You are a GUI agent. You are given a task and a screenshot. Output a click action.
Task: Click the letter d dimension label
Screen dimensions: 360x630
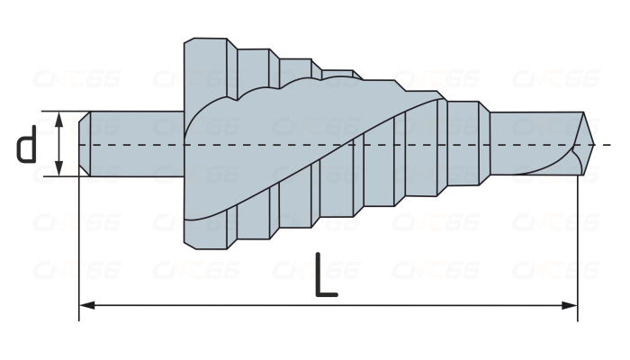pos(27,144)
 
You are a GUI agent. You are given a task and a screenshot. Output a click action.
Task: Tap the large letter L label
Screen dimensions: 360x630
pos(326,277)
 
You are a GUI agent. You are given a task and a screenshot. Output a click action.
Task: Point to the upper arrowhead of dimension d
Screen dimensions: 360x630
pos(58,117)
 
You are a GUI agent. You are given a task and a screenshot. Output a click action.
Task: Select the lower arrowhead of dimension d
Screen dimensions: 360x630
pos(58,171)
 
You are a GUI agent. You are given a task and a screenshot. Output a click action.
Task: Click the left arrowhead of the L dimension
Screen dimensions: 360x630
pos(86,306)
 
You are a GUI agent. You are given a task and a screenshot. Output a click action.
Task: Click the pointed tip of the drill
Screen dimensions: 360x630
pos(591,144)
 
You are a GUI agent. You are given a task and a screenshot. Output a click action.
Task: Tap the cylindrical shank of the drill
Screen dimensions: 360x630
pos(135,144)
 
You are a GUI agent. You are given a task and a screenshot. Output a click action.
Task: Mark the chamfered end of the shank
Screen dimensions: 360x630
pos(84,144)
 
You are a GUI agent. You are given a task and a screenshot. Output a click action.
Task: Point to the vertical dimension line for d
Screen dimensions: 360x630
pos(58,144)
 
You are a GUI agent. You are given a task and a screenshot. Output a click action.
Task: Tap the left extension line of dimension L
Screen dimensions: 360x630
pos(79,243)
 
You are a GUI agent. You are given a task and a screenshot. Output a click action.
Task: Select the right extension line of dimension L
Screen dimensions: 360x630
pos(577,243)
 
